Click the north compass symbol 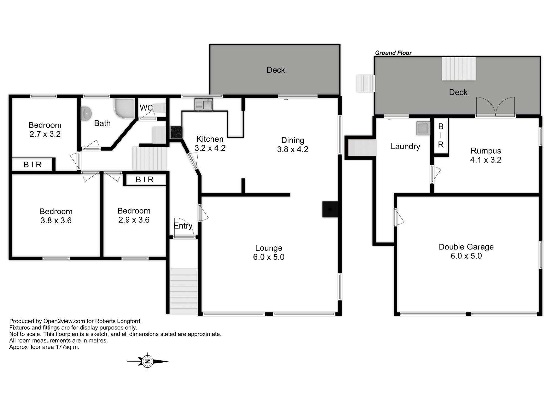click(x=147, y=361)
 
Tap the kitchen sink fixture click(x=204, y=105)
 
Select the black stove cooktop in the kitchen click(x=176, y=132)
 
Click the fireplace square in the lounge click(x=330, y=210)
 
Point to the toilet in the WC click(x=160, y=108)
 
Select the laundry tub click(x=423, y=128)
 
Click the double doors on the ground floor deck click(x=496, y=107)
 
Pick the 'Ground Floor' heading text click(x=393, y=53)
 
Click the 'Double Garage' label click(x=466, y=247)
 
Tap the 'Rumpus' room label click(x=486, y=151)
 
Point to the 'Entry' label click(x=183, y=226)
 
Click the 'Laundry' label click(x=405, y=146)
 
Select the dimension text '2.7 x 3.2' click(x=45, y=134)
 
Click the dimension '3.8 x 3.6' click(x=56, y=221)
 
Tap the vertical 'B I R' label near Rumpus click(x=441, y=135)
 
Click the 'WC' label click(x=146, y=108)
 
